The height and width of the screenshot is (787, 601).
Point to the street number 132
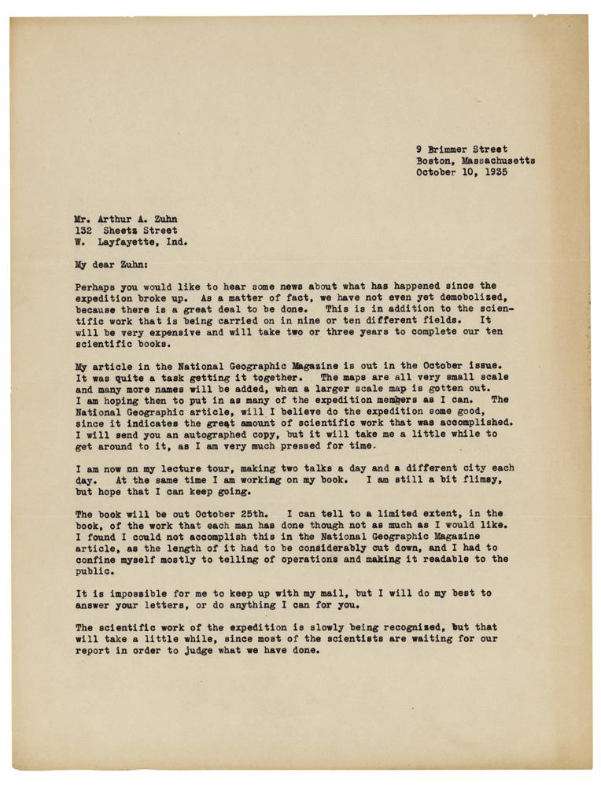85,231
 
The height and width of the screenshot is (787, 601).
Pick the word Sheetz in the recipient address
134,231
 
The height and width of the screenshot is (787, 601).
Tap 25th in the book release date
254,512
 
